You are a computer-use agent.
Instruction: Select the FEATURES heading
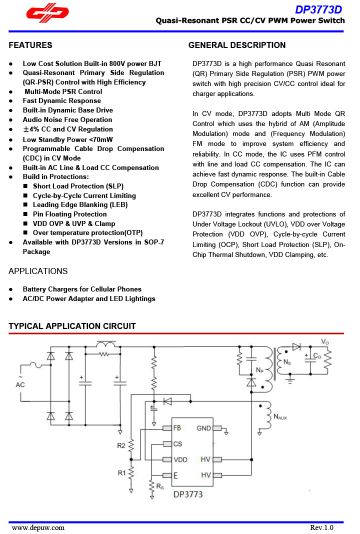point(30,45)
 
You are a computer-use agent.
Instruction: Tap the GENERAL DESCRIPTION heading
point(237,45)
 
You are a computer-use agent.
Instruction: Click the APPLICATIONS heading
point(38,271)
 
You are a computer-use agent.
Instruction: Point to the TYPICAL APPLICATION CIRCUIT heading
point(72,326)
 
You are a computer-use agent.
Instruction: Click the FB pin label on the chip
point(177,428)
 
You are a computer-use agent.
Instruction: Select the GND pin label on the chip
point(203,428)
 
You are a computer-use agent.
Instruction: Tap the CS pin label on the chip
point(177,444)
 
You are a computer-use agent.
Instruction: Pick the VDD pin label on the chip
point(180,459)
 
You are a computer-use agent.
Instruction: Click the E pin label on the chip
point(175,475)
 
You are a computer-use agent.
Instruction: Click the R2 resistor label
point(121,445)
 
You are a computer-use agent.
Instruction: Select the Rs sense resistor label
point(159,485)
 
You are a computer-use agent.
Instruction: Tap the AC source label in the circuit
point(20,384)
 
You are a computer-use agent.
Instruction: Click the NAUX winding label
point(280,416)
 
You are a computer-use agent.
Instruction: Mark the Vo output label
point(325,341)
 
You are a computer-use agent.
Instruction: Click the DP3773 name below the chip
point(188,495)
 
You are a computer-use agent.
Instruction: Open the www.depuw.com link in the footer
point(38,527)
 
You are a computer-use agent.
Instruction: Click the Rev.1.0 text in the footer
point(321,527)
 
